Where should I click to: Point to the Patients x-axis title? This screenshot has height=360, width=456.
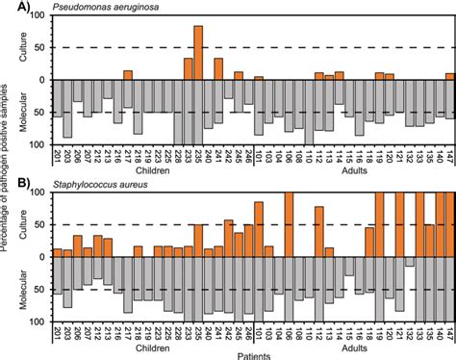255,354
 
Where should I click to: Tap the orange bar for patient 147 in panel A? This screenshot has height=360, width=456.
449,76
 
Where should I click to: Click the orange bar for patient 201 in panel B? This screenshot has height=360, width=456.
58,253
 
